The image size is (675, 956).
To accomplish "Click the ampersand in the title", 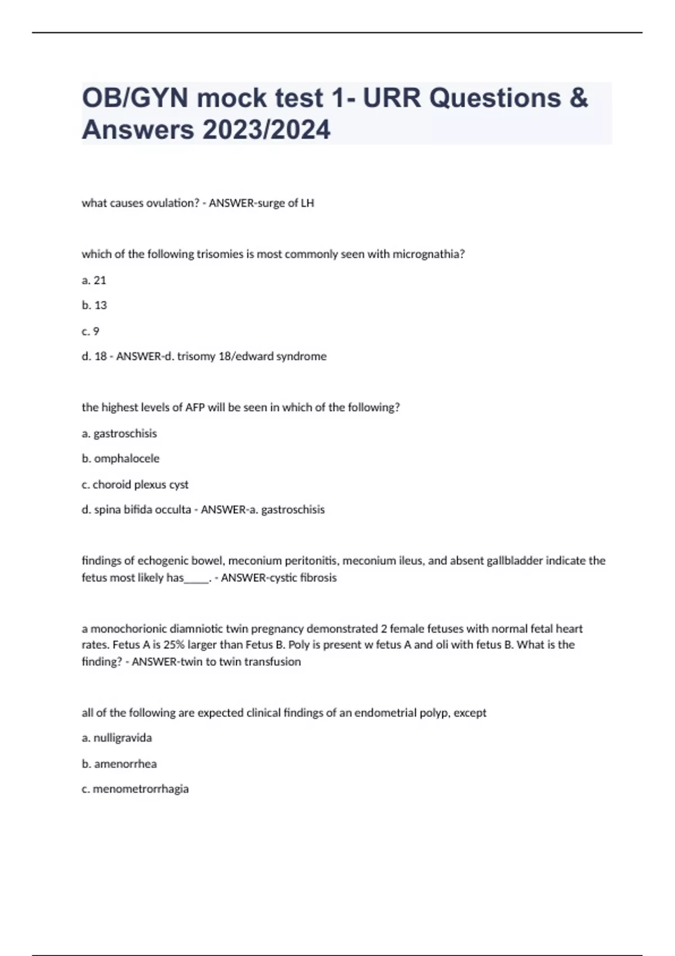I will (578, 98).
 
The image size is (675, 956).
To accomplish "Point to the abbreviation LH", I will (307, 203).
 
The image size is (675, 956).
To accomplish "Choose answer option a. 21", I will (94, 280).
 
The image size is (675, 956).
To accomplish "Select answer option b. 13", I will (94, 305).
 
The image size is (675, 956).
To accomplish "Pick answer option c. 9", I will (91, 331).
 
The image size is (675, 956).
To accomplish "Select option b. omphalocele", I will (120, 459).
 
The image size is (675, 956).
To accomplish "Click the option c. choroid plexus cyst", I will (135, 484).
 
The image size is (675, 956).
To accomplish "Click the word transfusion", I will (276, 662).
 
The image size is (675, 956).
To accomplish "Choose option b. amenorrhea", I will (119, 764).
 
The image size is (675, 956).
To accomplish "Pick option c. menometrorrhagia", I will (135, 789).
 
